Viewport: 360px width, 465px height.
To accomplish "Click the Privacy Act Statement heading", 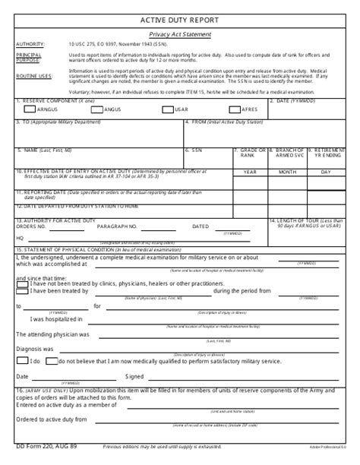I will coord(180,34).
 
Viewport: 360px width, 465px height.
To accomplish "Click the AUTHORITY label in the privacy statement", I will coord(30,45).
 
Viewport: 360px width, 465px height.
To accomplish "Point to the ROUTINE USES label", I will coord(34,76).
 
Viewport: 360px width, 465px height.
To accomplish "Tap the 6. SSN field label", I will coord(196,150).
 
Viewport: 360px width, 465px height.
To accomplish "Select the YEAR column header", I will coord(250,172).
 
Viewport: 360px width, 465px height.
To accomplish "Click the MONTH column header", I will coord(287,172).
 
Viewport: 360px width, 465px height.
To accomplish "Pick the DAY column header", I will coord(325,172).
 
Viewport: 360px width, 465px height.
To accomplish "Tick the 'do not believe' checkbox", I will coord(52,362).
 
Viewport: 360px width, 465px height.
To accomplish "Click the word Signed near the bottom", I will coord(134,375).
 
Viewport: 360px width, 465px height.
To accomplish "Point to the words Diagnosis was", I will coord(35,349).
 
